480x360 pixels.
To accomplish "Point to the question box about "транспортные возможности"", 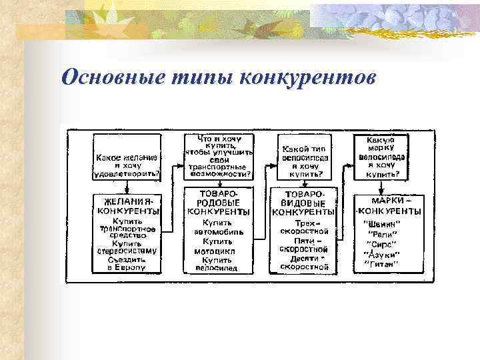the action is pos(217,156).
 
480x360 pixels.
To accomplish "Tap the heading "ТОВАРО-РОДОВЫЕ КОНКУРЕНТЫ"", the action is pos(217,202).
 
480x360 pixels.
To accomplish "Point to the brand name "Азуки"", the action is pos(381,253).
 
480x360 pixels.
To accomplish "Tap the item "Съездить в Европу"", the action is pos(127,263).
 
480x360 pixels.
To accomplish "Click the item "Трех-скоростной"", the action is pos(304,227).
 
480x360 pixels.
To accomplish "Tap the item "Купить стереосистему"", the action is pos(127,247).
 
